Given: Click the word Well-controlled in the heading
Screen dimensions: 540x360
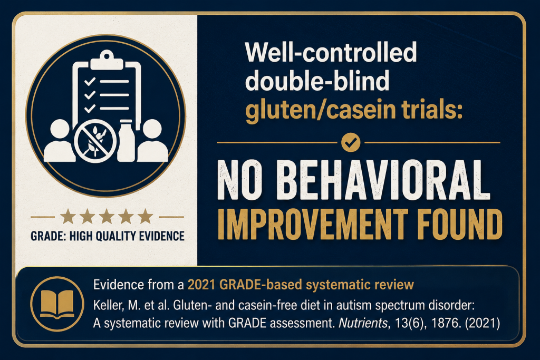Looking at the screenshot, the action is (331, 52).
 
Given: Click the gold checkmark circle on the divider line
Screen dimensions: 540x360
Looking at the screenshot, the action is (351, 142).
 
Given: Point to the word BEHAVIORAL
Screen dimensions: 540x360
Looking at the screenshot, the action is (384, 180).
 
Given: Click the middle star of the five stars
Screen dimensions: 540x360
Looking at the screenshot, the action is (107, 217).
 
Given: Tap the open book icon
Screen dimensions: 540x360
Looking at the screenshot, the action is (57, 304).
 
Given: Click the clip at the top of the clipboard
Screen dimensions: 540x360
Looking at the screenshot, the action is (107, 61).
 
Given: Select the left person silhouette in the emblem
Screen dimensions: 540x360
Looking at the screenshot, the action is (60, 141).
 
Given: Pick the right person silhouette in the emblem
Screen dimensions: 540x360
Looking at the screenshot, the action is (152, 141).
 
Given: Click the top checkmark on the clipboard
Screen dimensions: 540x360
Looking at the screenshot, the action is (90, 82).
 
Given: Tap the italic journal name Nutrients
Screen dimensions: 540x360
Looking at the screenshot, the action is (363, 323).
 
